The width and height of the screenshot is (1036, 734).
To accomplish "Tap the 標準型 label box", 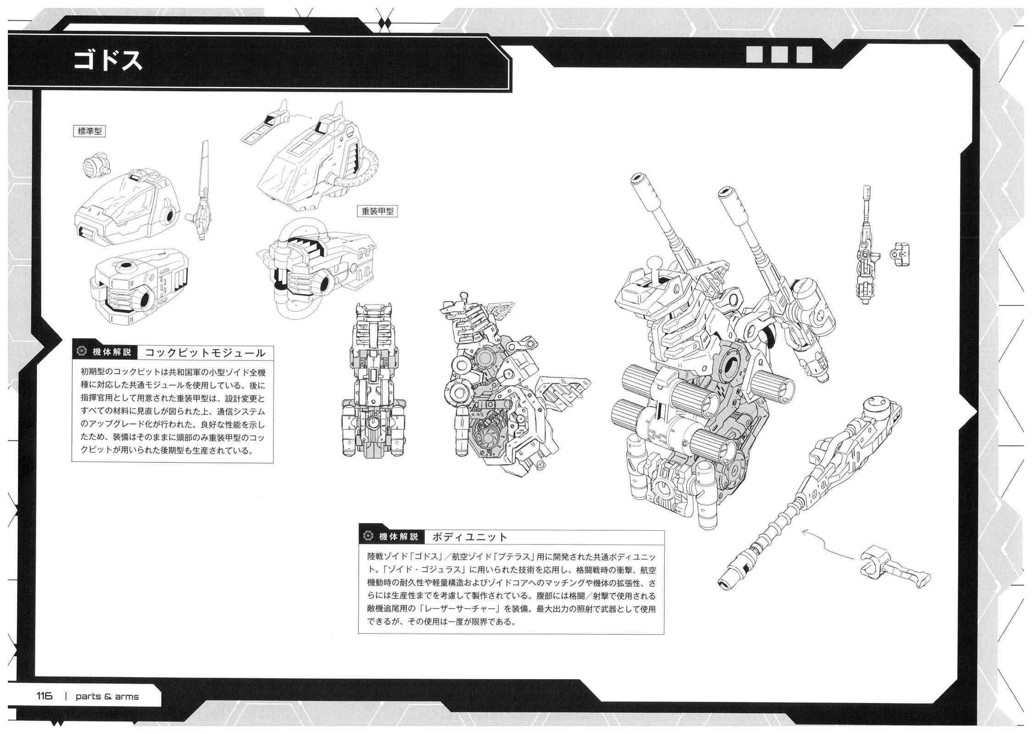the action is pyautogui.click(x=89, y=131).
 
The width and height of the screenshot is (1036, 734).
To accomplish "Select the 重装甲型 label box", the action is pyautogui.click(x=377, y=211).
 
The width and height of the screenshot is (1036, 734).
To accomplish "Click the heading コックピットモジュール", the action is pyautogui.click(x=205, y=353).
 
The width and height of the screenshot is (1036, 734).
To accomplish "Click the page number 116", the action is pyautogui.click(x=45, y=696).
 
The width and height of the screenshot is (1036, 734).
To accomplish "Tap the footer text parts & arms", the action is pyautogui.click(x=107, y=696).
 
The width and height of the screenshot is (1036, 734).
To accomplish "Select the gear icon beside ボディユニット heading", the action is pyautogui.click(x=367, y=537).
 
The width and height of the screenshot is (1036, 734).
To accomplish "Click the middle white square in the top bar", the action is pyautogui.click(x=779, y=54).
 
